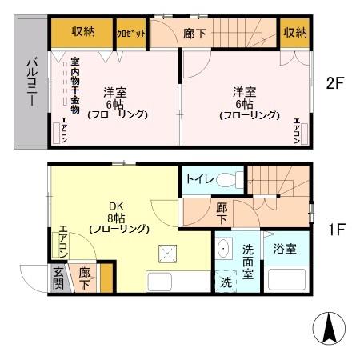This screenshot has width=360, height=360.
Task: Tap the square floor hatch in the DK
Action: (169, 254)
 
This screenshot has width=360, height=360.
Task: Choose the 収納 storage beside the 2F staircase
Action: (294, 32)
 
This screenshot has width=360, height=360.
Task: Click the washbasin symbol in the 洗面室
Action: (225, 249)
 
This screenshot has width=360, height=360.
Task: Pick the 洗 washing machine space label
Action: (226, 282)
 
